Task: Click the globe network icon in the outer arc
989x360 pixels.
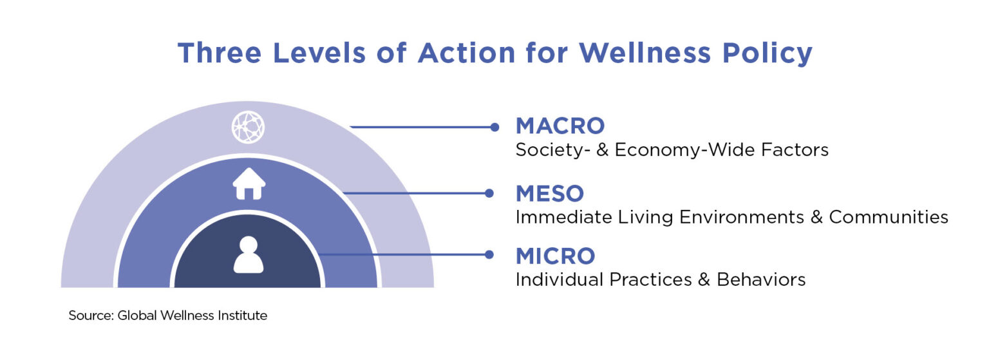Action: (x=248, y=127)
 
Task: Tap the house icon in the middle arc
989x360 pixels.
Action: (x=249, y=184)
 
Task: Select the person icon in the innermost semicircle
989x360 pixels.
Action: (x=248, y=254)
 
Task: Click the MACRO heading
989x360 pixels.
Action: (x=560, y=126)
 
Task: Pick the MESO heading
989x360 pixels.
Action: (x=550, y=193)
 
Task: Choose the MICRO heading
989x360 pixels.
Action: (x=555, y=256)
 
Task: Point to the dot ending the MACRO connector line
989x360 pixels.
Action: (x=494, y=127)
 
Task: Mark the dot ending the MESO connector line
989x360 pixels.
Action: (x=489, y=193)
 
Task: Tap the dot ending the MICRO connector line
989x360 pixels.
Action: (x=489, y=254)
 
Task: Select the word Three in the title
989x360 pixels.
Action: (x=217, y=53)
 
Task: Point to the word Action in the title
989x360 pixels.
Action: (x=463, y=53)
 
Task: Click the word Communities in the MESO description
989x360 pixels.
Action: (x=889, y=217)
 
